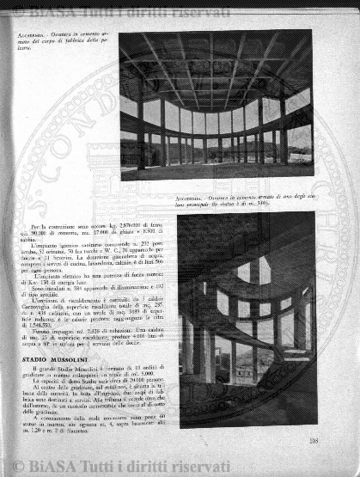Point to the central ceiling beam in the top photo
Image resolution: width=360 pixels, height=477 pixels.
tap(211, 69)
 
